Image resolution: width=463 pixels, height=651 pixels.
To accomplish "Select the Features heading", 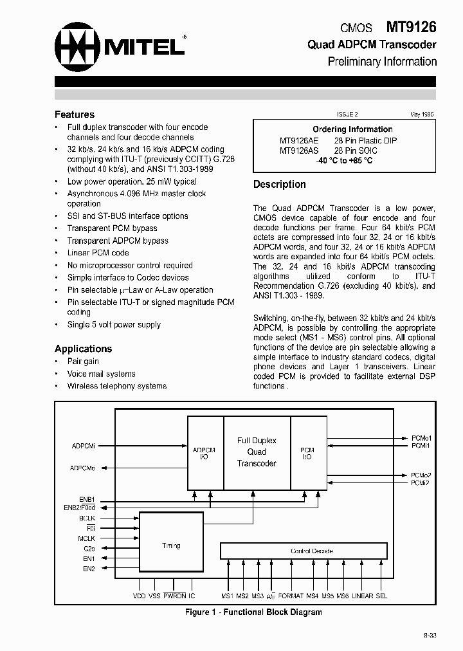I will tap(75, 114).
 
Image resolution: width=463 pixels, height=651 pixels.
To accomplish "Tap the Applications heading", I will tap(83, 349).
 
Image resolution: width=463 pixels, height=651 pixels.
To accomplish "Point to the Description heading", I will tap(279, 184).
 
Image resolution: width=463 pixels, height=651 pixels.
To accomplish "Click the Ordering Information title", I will tap(352, 129).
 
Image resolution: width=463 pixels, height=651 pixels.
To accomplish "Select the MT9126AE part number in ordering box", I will tap(298, 140).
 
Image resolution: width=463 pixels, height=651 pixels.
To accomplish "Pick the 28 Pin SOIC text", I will tap(356, 151).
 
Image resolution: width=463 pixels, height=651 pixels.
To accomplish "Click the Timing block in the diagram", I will tap(171, 546).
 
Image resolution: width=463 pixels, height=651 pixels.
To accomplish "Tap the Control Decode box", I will tap(304, 551).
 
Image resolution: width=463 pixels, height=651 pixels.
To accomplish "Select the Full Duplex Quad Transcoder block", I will tap(257, 452).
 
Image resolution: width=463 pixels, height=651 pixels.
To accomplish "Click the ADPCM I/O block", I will tap(204, 454).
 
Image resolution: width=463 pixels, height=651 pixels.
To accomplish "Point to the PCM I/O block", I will tap(307, 454).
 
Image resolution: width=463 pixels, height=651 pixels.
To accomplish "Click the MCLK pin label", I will tap(87, 538).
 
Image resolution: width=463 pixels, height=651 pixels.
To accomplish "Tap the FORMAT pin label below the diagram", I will tap(291, 596).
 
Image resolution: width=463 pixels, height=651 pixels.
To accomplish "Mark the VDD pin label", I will tap(140, 596).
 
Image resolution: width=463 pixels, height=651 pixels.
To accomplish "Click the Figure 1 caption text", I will tap(253, 612).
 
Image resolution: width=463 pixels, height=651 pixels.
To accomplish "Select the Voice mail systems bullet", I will tap(102, 374).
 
